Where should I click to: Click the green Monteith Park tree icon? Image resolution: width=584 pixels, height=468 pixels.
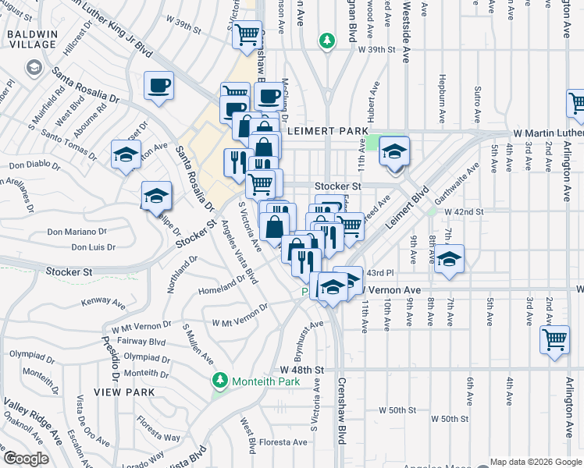pyautogui.click(x=221, y=381)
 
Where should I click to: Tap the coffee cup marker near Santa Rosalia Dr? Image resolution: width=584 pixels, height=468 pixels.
pyautogui.click(x=159, y=87)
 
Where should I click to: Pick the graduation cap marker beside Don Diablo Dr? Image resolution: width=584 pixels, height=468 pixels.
pyautogui.click(x=126, y=154)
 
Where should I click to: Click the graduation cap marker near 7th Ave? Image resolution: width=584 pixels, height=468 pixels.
pyautogui.click(x=449, y=260)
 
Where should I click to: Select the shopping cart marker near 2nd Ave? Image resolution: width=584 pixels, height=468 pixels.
pyautogui.click(x=554, y=341)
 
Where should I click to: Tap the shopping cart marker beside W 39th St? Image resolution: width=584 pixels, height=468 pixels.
pyautogui.click(x=247, y=35)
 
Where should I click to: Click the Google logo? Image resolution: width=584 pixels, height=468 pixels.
pyautogui.click(x=26, y=459)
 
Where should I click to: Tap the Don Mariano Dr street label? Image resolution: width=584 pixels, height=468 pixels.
pyautogui.click(x=77, y=232)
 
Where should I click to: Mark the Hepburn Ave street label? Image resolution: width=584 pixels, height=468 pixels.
pyautogui.click(x=442, y=101)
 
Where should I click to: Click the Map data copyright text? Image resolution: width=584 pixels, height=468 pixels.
pyautogui.click(x=535, y=461)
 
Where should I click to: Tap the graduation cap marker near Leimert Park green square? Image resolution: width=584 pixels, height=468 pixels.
pyautogui.click(x=395, y=151)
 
